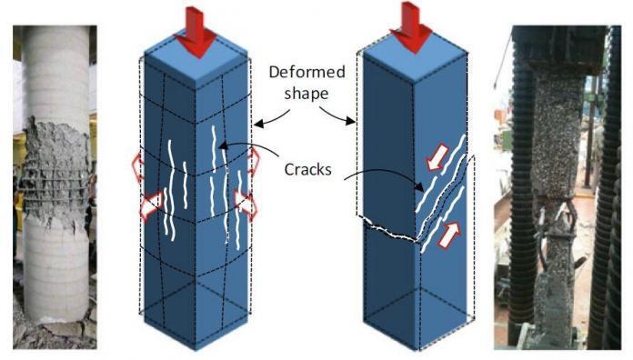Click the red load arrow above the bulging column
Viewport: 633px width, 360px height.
point(196,27)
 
